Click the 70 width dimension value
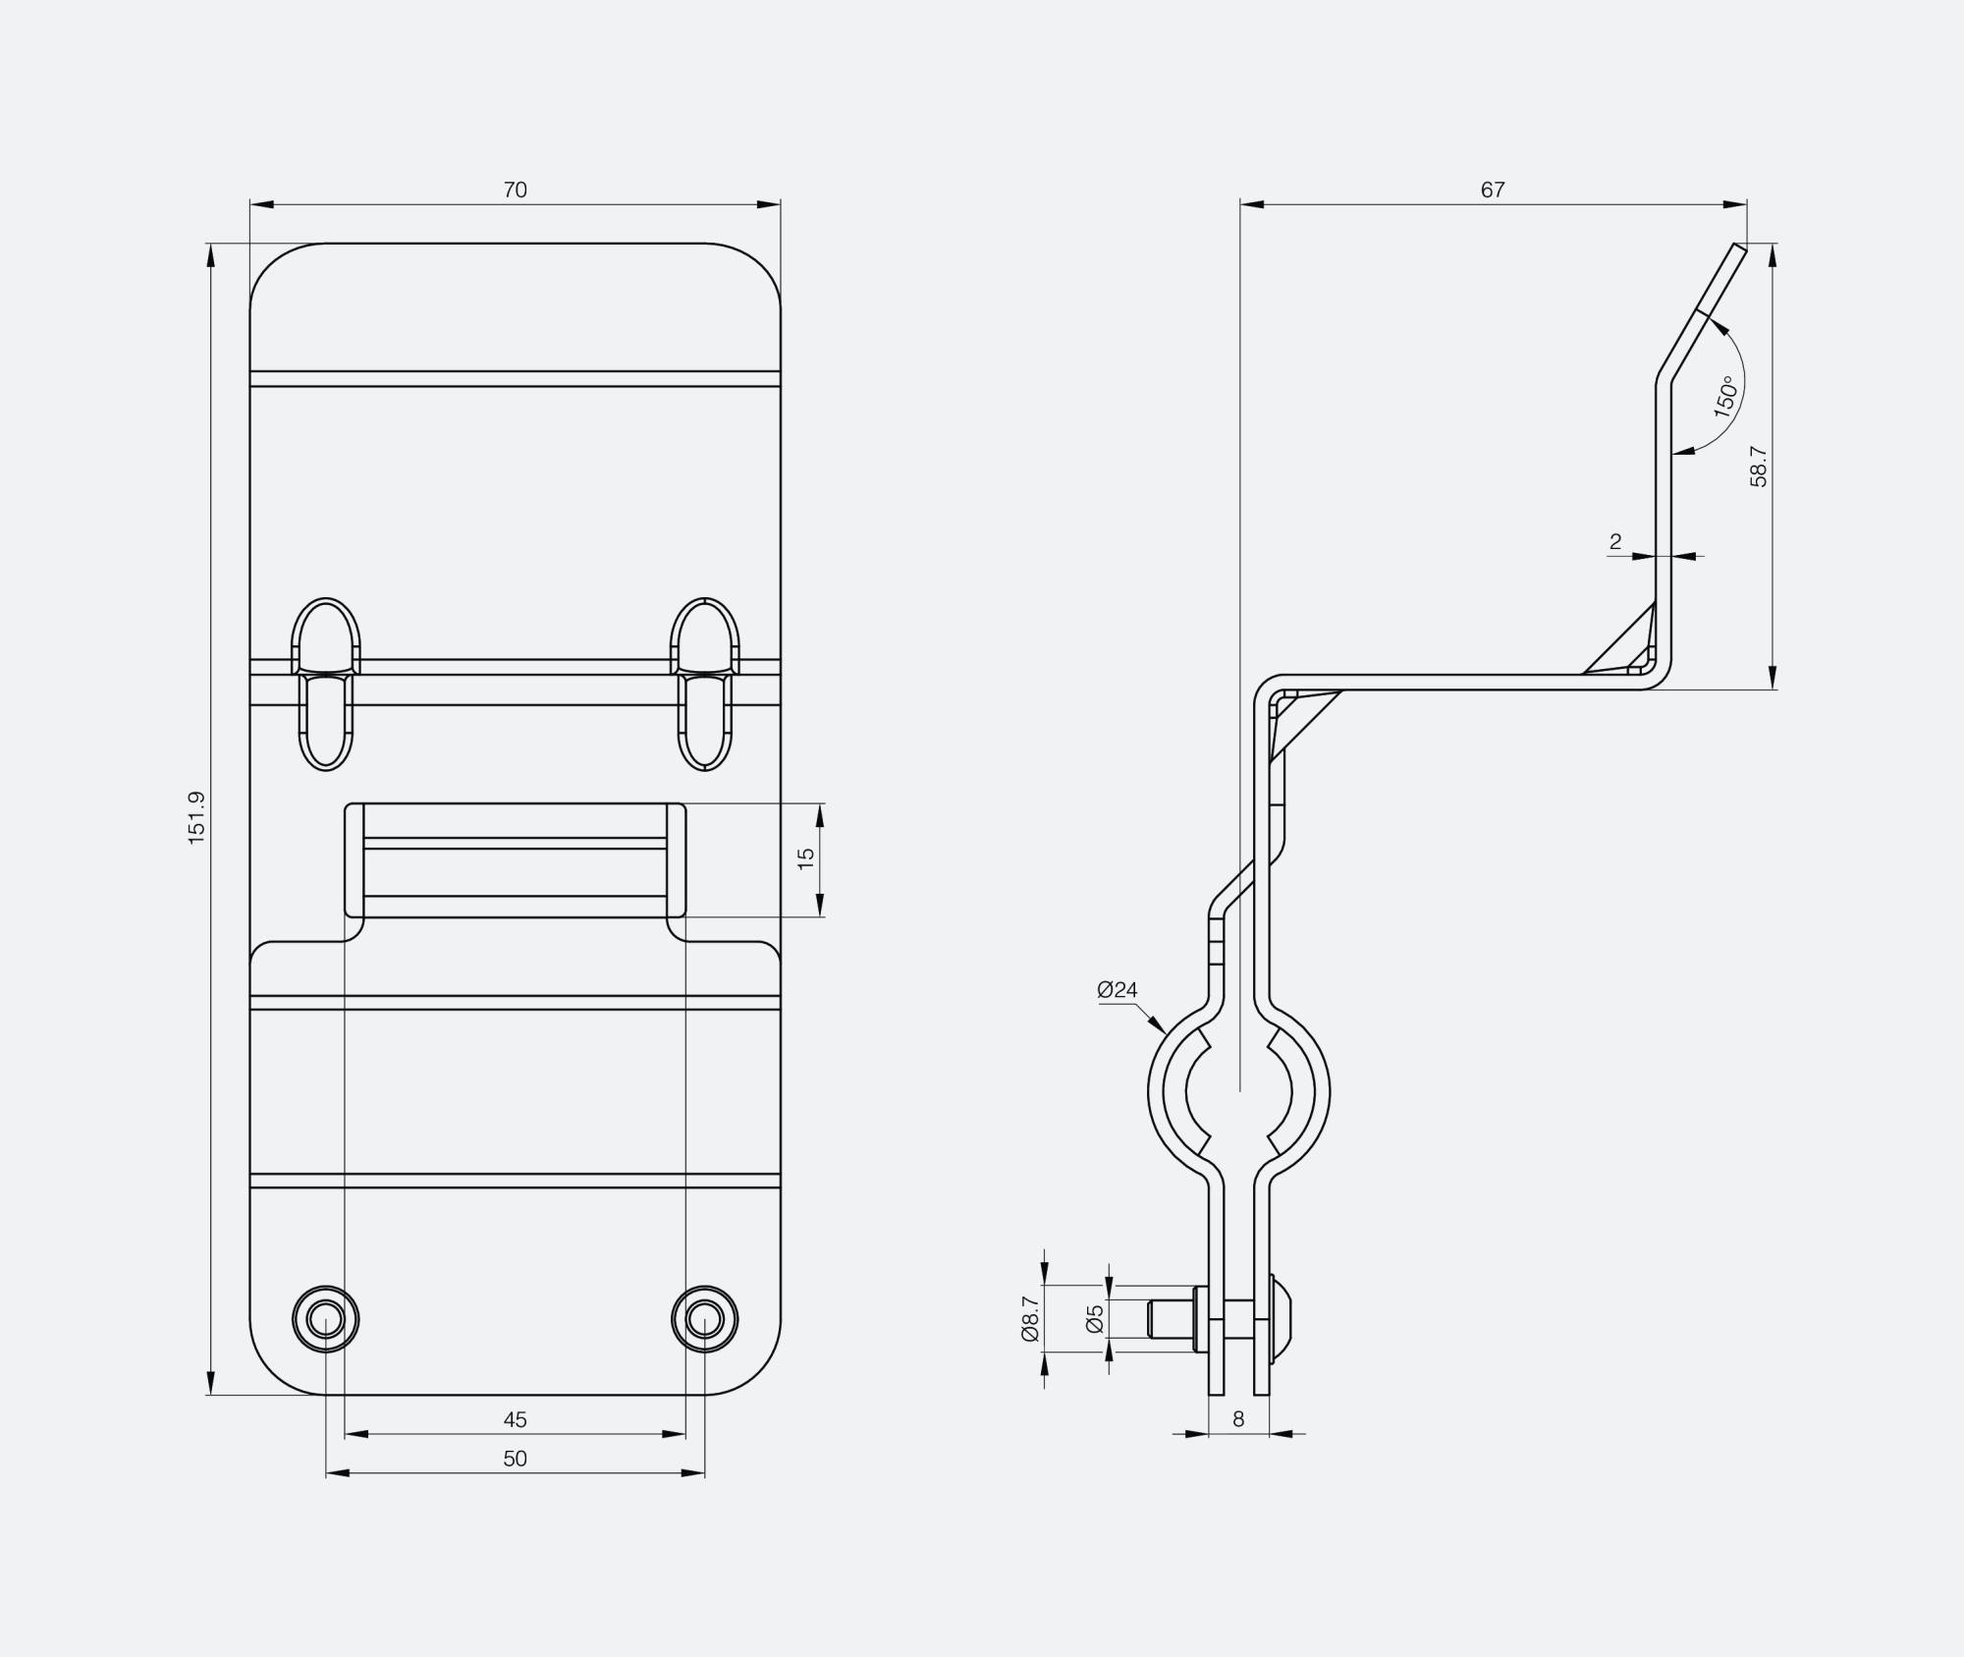click(515, 190)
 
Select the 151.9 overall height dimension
click(196, 817)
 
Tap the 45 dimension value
click(515, 1419)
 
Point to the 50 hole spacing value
click(515, 1459)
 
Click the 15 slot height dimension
click(806, 858)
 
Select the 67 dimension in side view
click(1493, 190)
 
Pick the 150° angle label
click(1725, 397)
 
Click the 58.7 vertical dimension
click(1759, 467)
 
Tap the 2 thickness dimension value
click(1615, 541)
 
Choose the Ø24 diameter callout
click(1117, 990)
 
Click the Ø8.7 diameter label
click(1029, 1318)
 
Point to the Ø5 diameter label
click(1095, 1318)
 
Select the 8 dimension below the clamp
click(1238, 1419)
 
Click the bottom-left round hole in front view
click(326, 1318)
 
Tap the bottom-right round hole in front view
click(704, 1318)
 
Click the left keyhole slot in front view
click(326, 683)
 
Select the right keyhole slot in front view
click(704, 683)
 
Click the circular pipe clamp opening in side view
click(1238, 1091)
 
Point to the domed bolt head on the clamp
click(1282, 1318)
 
